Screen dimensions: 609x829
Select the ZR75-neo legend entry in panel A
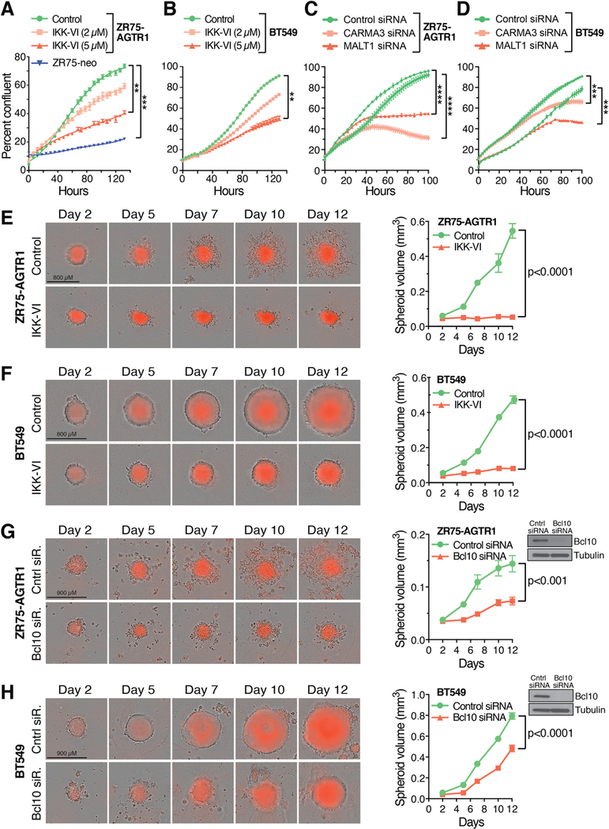click(63, 63)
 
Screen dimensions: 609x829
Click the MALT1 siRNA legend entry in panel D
click(516, 46)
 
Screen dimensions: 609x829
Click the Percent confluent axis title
click(7, 116)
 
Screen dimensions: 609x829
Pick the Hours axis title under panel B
click(228, 190)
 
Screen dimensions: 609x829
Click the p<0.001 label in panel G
click(547, 580)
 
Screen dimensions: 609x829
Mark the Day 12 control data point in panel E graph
click(512, 231)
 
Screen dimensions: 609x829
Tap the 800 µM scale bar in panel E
click(63, 281)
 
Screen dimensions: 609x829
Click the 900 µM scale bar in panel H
click(66, 758)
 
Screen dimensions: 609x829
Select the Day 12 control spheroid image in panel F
click(329, 411)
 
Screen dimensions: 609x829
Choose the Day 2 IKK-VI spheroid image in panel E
click(76, 317)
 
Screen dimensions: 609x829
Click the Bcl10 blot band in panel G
click(539, 542)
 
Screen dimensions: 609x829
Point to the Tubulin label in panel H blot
click(590, 710)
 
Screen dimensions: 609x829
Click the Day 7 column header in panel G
click(201, 530)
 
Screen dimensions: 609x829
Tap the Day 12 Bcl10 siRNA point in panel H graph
click(512, 748)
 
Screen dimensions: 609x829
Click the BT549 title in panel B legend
click(283, 32)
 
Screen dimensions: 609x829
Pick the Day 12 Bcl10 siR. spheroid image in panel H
click(329, 793)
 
